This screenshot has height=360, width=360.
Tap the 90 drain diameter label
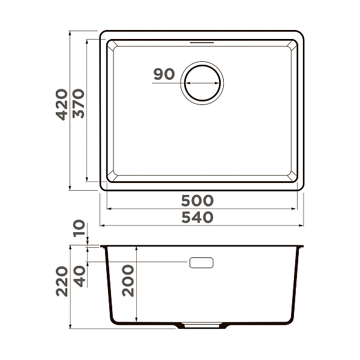(x=164, y=74)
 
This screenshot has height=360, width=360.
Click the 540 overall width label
(x=198, y=217)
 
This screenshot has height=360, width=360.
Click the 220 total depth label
(x=62, y=281)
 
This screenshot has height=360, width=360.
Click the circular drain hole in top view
(x=203, y=83)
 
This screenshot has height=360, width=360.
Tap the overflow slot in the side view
(x=202, y=263)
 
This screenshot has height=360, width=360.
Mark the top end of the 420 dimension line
(x=71, y=31)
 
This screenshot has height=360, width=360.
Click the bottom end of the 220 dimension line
(x=71, y=329)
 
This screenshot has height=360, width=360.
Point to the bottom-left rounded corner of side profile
(x=111, y=321)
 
